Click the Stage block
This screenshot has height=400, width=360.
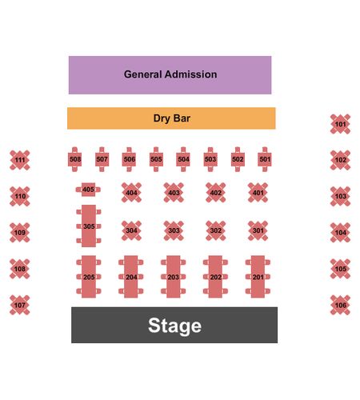tap(174, 325)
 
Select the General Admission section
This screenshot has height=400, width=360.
tap(170, 75)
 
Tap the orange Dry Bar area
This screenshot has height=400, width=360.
tap(171, 118)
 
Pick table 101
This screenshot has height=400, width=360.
tap(340, 124)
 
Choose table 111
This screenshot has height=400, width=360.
tap(20, 160)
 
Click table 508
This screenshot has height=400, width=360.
tap(75, 159)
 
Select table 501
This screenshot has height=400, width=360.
tap(265, 159)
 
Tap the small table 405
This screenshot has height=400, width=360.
tap(88, 190)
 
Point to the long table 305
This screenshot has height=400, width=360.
tap(89, 226)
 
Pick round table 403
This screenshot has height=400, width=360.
tap(174, 193)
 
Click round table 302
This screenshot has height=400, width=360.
tap(216, 230)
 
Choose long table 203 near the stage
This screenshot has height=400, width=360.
tap(174, 277)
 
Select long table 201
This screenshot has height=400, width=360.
tap(258, 277)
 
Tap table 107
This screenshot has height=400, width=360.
tap(20, 305)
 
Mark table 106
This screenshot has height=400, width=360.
tap(340, 305)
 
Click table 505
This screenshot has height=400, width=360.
tap(156, 159)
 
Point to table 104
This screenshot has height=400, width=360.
tap(340, 233)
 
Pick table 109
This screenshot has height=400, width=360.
tap(20, 233)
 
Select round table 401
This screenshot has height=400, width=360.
tap(258, 193)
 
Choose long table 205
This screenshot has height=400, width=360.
tap(89, 277)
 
